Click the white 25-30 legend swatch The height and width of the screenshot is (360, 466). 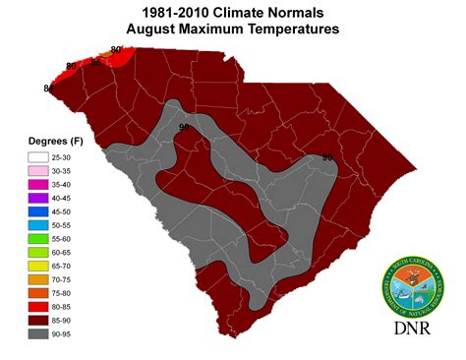(x=38, y=155)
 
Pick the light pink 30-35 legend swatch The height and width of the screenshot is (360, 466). (x=38, y=169)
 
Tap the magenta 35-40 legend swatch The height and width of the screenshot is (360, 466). (x=38, y=183)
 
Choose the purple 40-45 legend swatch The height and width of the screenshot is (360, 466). (x=38, y=197)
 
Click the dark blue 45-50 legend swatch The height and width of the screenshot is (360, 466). (x=38, y=210)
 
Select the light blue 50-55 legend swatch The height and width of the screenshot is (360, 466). (x=38, y=224)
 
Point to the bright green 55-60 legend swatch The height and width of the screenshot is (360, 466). (x=38, y=238)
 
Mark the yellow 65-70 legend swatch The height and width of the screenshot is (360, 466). (x=38, y=266)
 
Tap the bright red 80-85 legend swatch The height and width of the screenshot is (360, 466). (x=38, y=307)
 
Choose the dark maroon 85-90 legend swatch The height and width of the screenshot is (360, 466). (x=38, y=321)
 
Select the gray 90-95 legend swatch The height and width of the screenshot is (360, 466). (x=38, y=334)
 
